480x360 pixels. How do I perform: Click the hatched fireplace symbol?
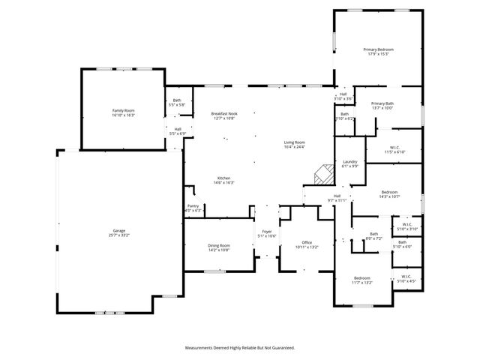[322, 174]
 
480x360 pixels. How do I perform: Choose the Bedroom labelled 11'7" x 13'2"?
[362, 279]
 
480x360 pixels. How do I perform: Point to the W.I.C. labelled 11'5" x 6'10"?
[395, 149]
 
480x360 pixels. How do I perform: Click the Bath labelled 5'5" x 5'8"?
[177, 102]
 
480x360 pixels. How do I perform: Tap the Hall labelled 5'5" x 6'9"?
[177, 130]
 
